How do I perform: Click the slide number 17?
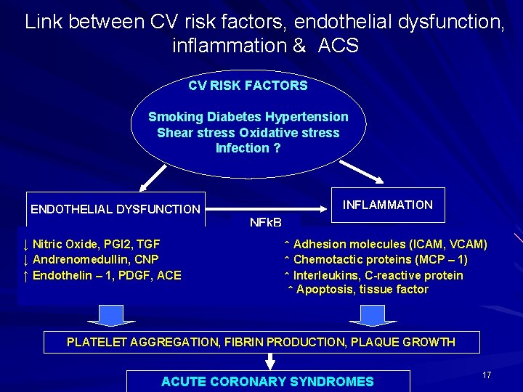point(487,375)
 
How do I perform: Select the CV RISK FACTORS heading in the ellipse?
point(248,86)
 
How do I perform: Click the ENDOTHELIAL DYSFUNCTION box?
point(115,209)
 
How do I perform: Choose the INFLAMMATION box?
point(387,205)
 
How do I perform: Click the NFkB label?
point(265,221)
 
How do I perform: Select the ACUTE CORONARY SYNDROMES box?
point(267,381)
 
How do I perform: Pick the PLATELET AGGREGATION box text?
point(261,342)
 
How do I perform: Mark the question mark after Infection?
point(277,148)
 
